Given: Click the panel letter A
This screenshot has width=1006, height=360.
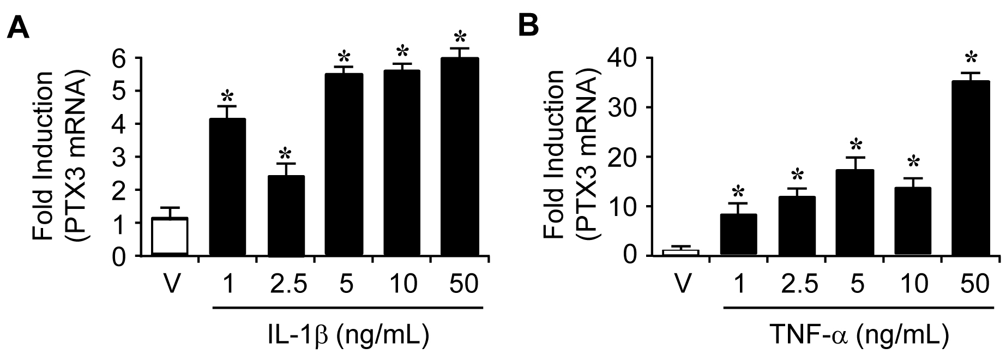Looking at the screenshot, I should click(18, 26).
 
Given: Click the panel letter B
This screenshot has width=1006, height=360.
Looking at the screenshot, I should click(528, 26).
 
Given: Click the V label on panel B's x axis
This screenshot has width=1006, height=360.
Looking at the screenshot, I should click(679, 285).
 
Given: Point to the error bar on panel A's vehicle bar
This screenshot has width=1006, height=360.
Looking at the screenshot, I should click(169, 212).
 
